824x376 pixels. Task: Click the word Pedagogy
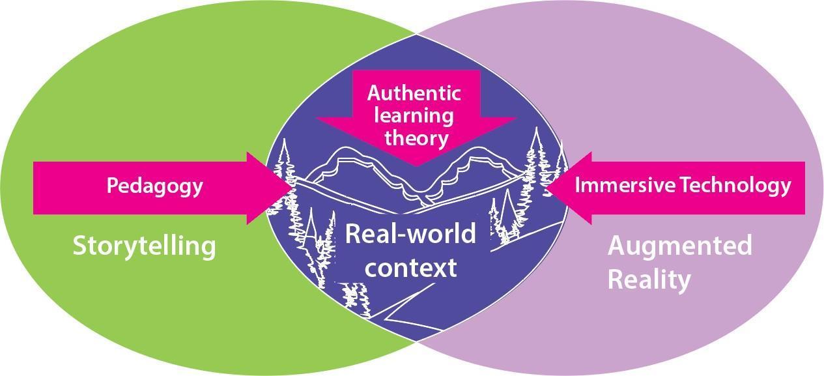click(x=154, y=187)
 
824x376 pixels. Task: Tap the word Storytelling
click(x=143, y=246)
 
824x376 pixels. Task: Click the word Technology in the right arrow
click(x=735, y=186)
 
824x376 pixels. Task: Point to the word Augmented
click(x=679, y=246)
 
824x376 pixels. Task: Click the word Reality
click(x=649, y=280)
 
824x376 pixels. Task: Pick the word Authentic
click(x=414, y=93)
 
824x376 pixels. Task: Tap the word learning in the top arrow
click(x=417, y=116)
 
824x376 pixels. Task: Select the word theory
click(x=417, y=138)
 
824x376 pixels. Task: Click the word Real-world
click(x=410, y=233)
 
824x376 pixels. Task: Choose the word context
click(x=410, y=267)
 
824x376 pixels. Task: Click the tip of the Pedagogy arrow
click(x=292, y=188)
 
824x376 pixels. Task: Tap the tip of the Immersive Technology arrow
click(x=545, y=188)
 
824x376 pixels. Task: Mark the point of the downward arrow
click(x=417, y=166)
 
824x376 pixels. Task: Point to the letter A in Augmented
click(x=618, y=246)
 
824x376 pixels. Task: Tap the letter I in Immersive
click(x=578, y=186)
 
